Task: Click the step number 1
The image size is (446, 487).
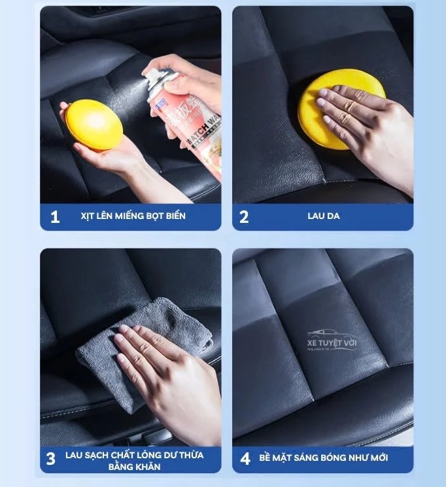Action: click(56, 217)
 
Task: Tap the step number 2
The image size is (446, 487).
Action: click(244, 217)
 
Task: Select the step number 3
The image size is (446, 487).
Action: click(51, 459)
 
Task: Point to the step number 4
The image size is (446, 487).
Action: click(245, 459)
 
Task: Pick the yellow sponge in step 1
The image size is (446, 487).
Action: click(94, 124)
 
